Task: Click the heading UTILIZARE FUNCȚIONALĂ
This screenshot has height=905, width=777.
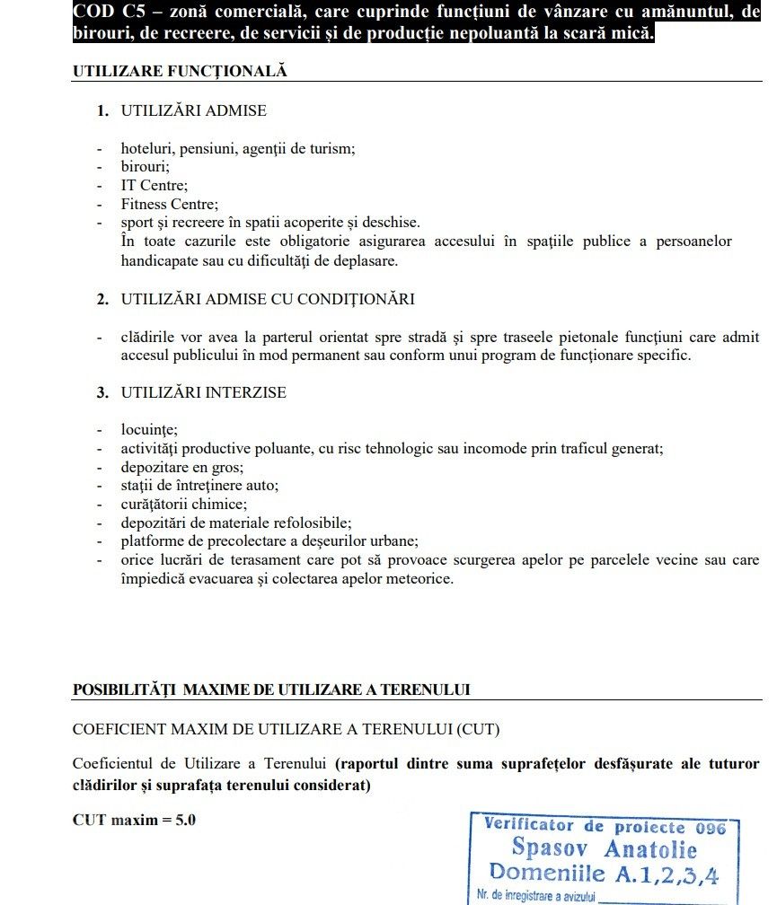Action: coord(180,72)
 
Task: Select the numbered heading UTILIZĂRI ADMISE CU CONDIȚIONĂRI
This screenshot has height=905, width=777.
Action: coord(268,299)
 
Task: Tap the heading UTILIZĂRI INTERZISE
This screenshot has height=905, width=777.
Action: coord(204,392)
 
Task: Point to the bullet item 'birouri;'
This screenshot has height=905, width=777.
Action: coord(146,166)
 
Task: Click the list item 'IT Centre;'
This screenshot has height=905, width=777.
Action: coord(155,185)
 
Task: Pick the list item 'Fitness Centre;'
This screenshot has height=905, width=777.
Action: coord(170,204)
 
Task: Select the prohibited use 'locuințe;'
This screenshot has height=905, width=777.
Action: coord(149,429)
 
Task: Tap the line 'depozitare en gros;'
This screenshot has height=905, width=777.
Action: coord(182,467)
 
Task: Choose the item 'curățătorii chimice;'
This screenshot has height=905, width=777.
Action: coord(184,504)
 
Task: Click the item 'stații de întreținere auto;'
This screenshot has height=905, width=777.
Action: coord(199,485)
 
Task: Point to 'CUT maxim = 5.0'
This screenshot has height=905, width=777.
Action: coord(134,820)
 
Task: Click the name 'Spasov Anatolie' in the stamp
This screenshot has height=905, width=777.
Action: coord(604,848)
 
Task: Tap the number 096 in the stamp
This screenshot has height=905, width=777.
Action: coord(709,827)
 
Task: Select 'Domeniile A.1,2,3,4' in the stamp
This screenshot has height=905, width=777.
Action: coord(604,872)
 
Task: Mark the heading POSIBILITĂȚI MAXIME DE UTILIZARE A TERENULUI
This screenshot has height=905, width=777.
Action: coord(271,690)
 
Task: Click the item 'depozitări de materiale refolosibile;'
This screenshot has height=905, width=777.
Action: coord(236,522)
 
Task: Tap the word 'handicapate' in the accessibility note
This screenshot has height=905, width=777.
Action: coord(159,260)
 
